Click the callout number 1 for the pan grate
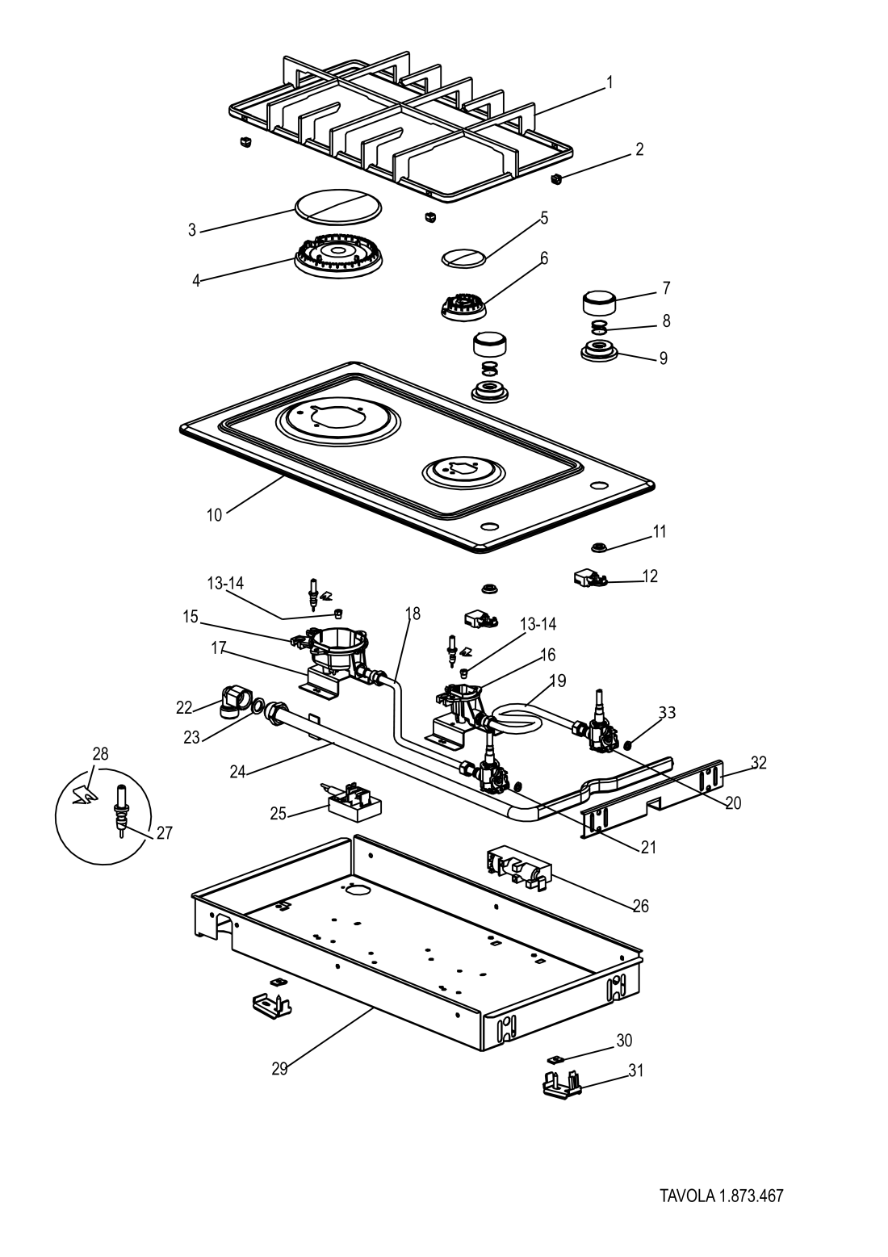point(609,82)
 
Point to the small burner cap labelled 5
point(464,257)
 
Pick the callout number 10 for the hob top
point(214,514)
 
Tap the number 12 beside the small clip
point(650,576)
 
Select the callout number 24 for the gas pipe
point(237,772)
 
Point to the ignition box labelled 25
point(354,802)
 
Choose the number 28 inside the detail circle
point(100,754)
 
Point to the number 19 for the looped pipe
point(558,681)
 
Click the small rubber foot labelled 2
point(555,178)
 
